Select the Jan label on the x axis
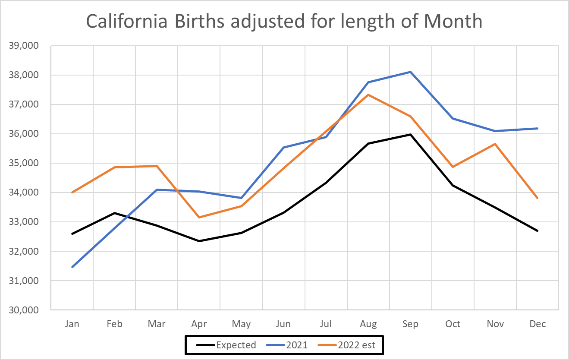click(72, 324)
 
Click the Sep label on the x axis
click(410, 324)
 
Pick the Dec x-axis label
click(538, 324)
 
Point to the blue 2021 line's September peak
click(411, 72)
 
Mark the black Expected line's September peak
click(411, 135)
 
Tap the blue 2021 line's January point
click(72, 267)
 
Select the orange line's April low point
click(199, 217)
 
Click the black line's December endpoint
click(538, 231)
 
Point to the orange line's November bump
click(495, 144)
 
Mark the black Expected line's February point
click(114, 213)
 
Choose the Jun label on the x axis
click(283, 324)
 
